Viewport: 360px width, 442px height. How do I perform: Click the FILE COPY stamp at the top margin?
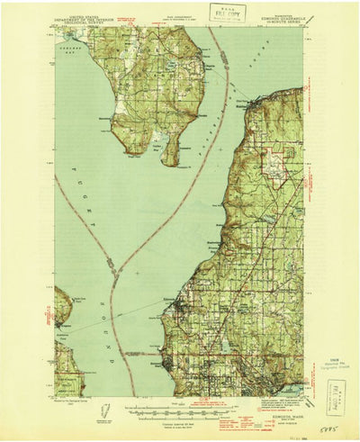(229, 12)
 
